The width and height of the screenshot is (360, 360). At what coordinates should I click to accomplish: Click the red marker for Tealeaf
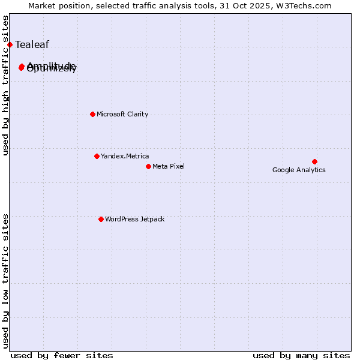coord(10,44)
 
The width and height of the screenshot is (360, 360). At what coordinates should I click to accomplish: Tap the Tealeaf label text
coord(32,44)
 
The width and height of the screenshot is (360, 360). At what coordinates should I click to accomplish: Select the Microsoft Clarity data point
coord(92,114)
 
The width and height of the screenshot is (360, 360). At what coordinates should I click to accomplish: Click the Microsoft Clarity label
coord(122,114)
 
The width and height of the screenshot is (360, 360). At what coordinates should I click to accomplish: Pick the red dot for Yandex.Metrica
coord(97,156)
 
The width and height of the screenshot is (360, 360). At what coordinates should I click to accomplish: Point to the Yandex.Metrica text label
coord(125,156)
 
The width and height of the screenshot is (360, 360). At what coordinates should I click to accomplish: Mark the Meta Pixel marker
coord(148,166)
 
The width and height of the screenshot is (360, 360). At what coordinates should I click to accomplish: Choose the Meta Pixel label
coord(169,166)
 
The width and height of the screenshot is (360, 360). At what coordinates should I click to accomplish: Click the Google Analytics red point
coord(314,161)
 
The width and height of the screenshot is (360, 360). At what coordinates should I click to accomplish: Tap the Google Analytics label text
coord(299,170)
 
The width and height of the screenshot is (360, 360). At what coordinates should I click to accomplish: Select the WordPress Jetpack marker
coord(101,219)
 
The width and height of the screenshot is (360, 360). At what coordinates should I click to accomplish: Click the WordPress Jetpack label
coord(134,219)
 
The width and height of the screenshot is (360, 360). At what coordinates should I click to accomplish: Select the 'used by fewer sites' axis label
coord(62,355)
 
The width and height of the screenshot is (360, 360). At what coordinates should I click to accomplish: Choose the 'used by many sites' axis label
coord(301,355)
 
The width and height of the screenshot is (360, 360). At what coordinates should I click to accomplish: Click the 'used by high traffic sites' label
coord(6,85)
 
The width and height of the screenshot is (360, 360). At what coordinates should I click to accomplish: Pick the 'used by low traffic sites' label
coord(6,280)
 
